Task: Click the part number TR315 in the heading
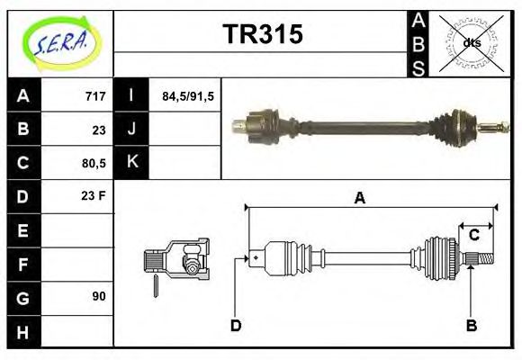(262, 35)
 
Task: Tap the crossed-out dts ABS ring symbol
(472, 42)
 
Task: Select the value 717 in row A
(95, 96)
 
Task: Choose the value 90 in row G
(98, 296)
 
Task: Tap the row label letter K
(132, 163)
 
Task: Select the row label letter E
(23, 230)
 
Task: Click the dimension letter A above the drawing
(359, 199)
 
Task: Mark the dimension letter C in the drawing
(472, 236)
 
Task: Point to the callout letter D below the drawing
(236, 325)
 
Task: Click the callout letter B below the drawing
(471, 325)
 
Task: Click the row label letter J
(132, 130)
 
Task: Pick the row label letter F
(23, 264)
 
